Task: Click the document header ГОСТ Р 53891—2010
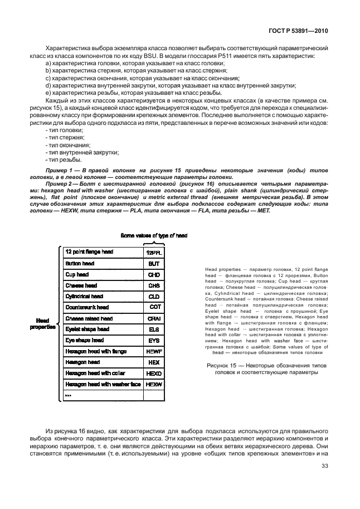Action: tap(300, 32)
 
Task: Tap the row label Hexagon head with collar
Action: tap(95, 373)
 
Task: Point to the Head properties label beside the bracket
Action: tap(42, 324)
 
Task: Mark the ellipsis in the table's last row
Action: tap(68, 395)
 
